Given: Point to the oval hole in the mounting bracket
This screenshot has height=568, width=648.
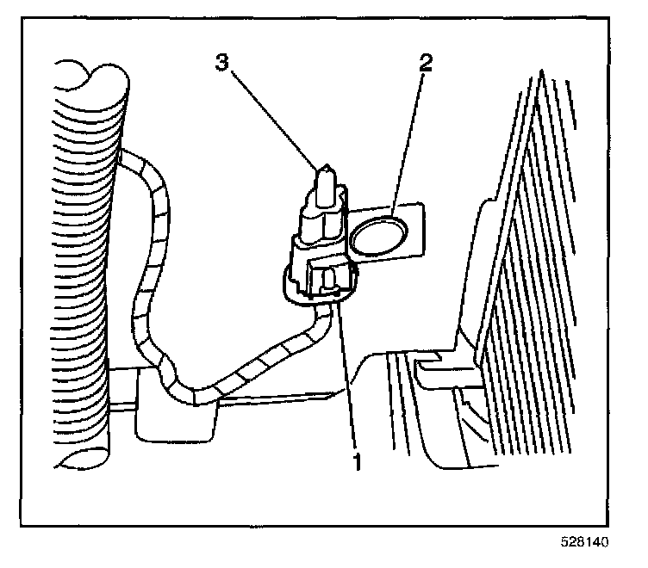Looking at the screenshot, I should click(x=380, y=236).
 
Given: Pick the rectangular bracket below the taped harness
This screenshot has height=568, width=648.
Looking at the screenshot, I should click(x=172, y=422).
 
